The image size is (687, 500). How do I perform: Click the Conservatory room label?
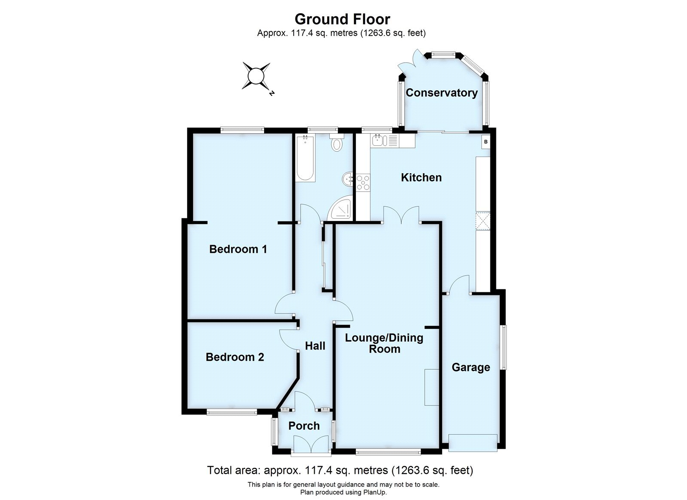click(441, 93)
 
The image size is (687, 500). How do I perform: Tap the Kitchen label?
click(421, 178)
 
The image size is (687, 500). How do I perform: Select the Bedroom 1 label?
click(238, 249)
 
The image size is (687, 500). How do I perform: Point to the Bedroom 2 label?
click(234, 357)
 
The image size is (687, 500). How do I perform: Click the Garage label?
click(471, 367)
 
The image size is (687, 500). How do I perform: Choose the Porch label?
click(304, 426)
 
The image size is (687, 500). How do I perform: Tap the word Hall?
click(315, 346)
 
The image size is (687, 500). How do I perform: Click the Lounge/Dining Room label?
click(384, 343)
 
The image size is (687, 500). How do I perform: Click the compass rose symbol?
click(256, 76)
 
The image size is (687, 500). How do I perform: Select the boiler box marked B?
click(486, 141)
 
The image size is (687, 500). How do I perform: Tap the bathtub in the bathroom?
click(305, 158)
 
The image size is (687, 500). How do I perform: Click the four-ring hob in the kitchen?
click(363, 182)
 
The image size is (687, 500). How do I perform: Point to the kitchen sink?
click(380, 140)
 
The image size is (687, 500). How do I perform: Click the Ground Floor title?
click(342, 19)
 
